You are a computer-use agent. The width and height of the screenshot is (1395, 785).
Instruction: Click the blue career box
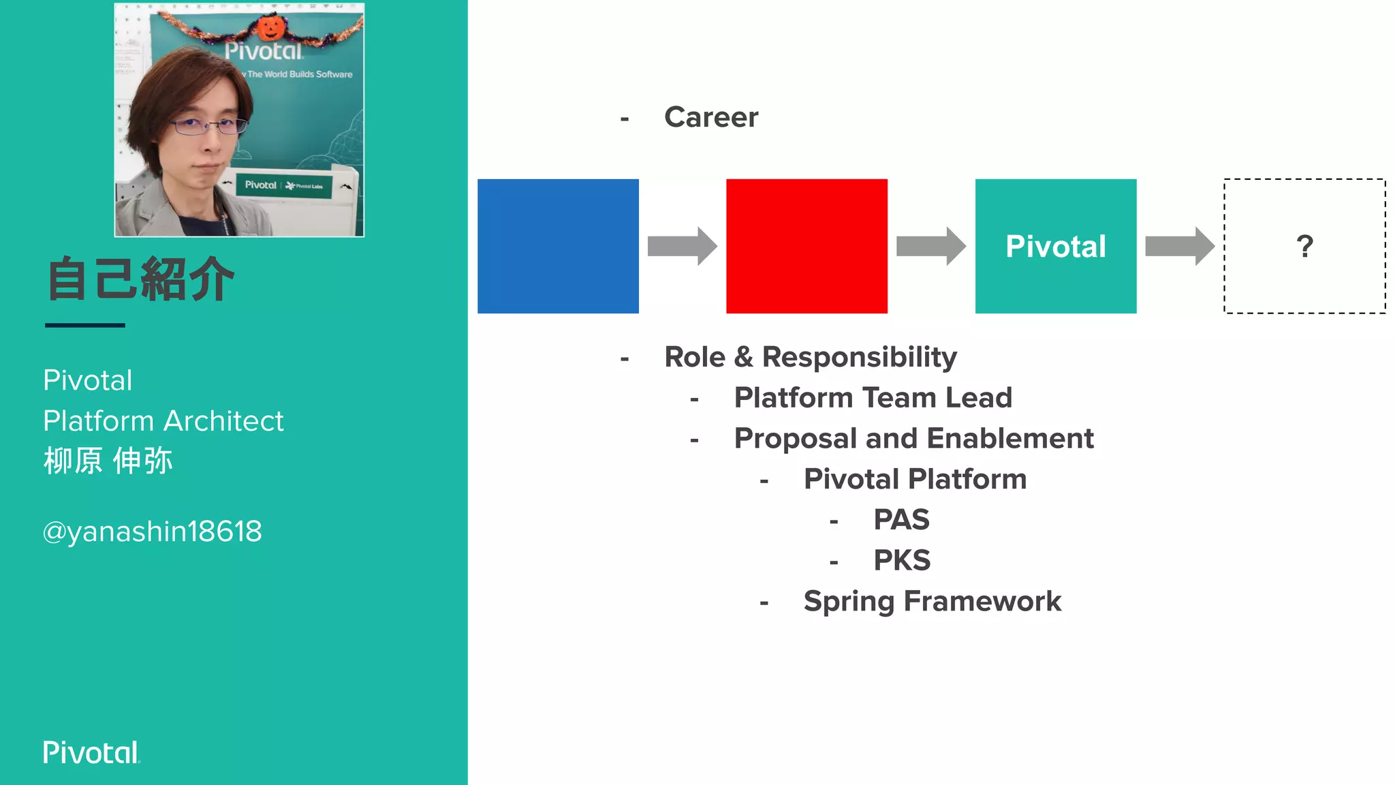558,246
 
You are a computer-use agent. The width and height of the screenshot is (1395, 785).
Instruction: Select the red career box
806,246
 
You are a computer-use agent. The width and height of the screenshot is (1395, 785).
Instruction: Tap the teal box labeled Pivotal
1055,246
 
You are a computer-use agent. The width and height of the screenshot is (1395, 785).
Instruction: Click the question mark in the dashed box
1304,246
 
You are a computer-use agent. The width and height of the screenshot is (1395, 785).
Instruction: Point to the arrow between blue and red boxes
682,246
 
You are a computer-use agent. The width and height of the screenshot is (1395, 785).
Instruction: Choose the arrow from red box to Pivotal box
930,246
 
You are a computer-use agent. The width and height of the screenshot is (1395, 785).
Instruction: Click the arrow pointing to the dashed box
1179,246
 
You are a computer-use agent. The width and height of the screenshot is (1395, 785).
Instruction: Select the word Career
710,117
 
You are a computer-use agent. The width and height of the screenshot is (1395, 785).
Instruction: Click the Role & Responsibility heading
810,357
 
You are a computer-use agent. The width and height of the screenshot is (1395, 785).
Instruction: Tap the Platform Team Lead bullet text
873,398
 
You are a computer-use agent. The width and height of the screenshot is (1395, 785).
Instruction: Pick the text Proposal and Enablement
913,439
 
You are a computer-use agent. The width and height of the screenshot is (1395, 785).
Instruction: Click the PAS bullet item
901,520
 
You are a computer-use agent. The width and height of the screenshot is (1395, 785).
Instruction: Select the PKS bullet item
902,561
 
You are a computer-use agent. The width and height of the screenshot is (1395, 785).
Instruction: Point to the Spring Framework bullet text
932,602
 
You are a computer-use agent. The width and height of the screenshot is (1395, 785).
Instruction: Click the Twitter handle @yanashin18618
152,532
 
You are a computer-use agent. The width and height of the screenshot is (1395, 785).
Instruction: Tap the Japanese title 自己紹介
140,279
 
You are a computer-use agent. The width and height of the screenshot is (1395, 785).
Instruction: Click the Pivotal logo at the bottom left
91,752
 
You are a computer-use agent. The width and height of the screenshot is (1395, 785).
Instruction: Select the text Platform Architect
163,421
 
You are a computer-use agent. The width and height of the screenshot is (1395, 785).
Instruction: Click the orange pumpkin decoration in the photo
270,27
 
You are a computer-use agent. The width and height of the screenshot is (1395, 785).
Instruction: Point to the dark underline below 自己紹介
85,326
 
